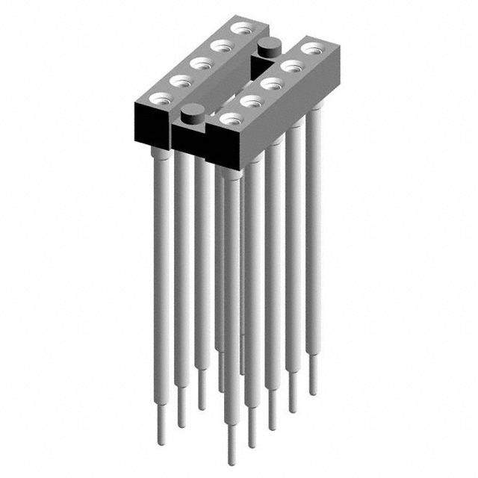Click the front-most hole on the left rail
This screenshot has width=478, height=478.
(x=160, y=97)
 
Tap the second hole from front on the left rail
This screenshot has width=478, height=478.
(x=180, y=80)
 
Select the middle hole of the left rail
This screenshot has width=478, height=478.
(x=199, y=63)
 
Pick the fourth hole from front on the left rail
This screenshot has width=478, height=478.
(x=220, y=46)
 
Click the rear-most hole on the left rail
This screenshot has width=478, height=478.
(x=240, y=29)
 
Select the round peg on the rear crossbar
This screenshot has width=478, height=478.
(x=267, y=48)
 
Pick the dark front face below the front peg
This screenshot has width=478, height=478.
(x=189, y=139)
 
